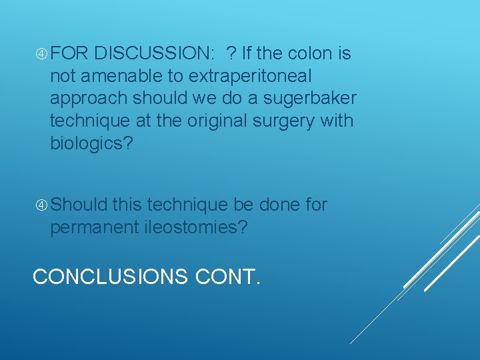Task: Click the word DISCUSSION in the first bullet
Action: (x=152, y=53)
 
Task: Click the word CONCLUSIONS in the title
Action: (x=110, y=276)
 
